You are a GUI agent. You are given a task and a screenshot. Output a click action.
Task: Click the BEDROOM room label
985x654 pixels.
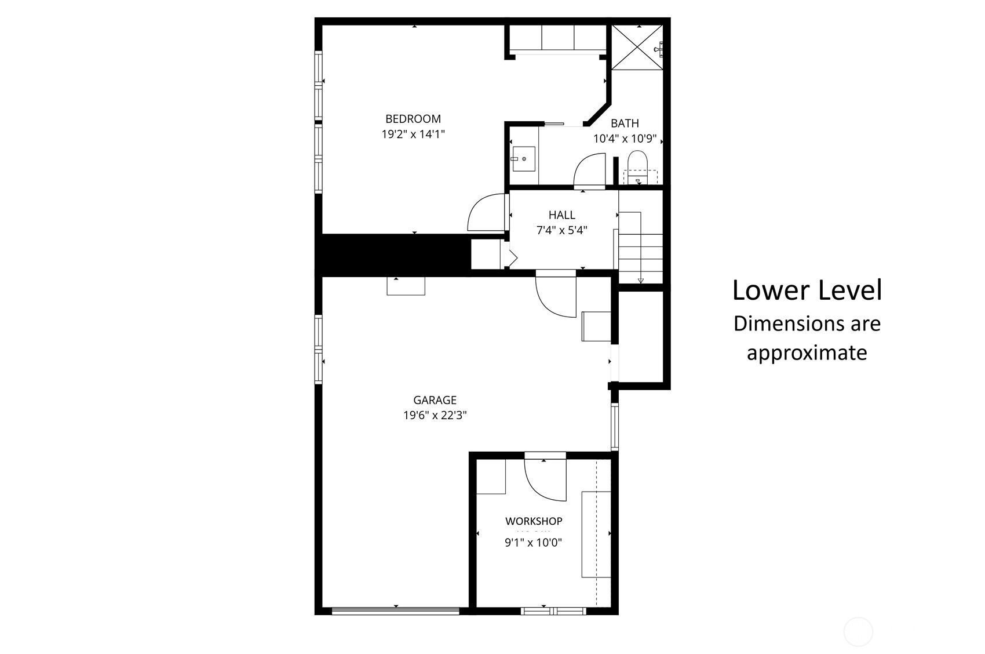[x=413, y=119]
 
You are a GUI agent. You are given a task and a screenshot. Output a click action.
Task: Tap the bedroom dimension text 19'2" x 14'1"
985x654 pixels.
[x=413, y=135]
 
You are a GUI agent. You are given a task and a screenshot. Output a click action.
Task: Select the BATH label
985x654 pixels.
[x=625, y=123]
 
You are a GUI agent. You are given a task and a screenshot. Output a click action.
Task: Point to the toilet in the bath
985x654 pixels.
[x=637, y=166]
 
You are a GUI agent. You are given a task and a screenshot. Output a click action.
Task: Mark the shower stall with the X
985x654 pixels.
[x=637, y=48]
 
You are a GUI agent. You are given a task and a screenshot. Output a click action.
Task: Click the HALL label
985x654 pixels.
[x=561, y=215]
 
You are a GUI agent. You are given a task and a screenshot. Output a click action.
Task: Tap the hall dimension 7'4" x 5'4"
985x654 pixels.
[x=561, y=230]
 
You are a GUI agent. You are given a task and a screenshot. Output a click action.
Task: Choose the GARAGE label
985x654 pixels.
[x=435, y=400]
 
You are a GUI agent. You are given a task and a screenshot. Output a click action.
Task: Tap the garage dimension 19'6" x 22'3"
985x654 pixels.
[x=435, y=415]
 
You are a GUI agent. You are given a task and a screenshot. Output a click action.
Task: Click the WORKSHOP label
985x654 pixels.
[x=534, y=521]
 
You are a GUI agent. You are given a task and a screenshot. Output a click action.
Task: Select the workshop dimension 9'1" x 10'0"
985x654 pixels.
[x=534, y=543]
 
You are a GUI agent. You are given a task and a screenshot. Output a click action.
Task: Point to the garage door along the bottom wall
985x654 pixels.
[x=396, y=611]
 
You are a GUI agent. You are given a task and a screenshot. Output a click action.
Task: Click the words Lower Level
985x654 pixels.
[x=807, y=290]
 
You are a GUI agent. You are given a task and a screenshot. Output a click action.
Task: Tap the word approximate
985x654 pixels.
[x=807, y=353]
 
